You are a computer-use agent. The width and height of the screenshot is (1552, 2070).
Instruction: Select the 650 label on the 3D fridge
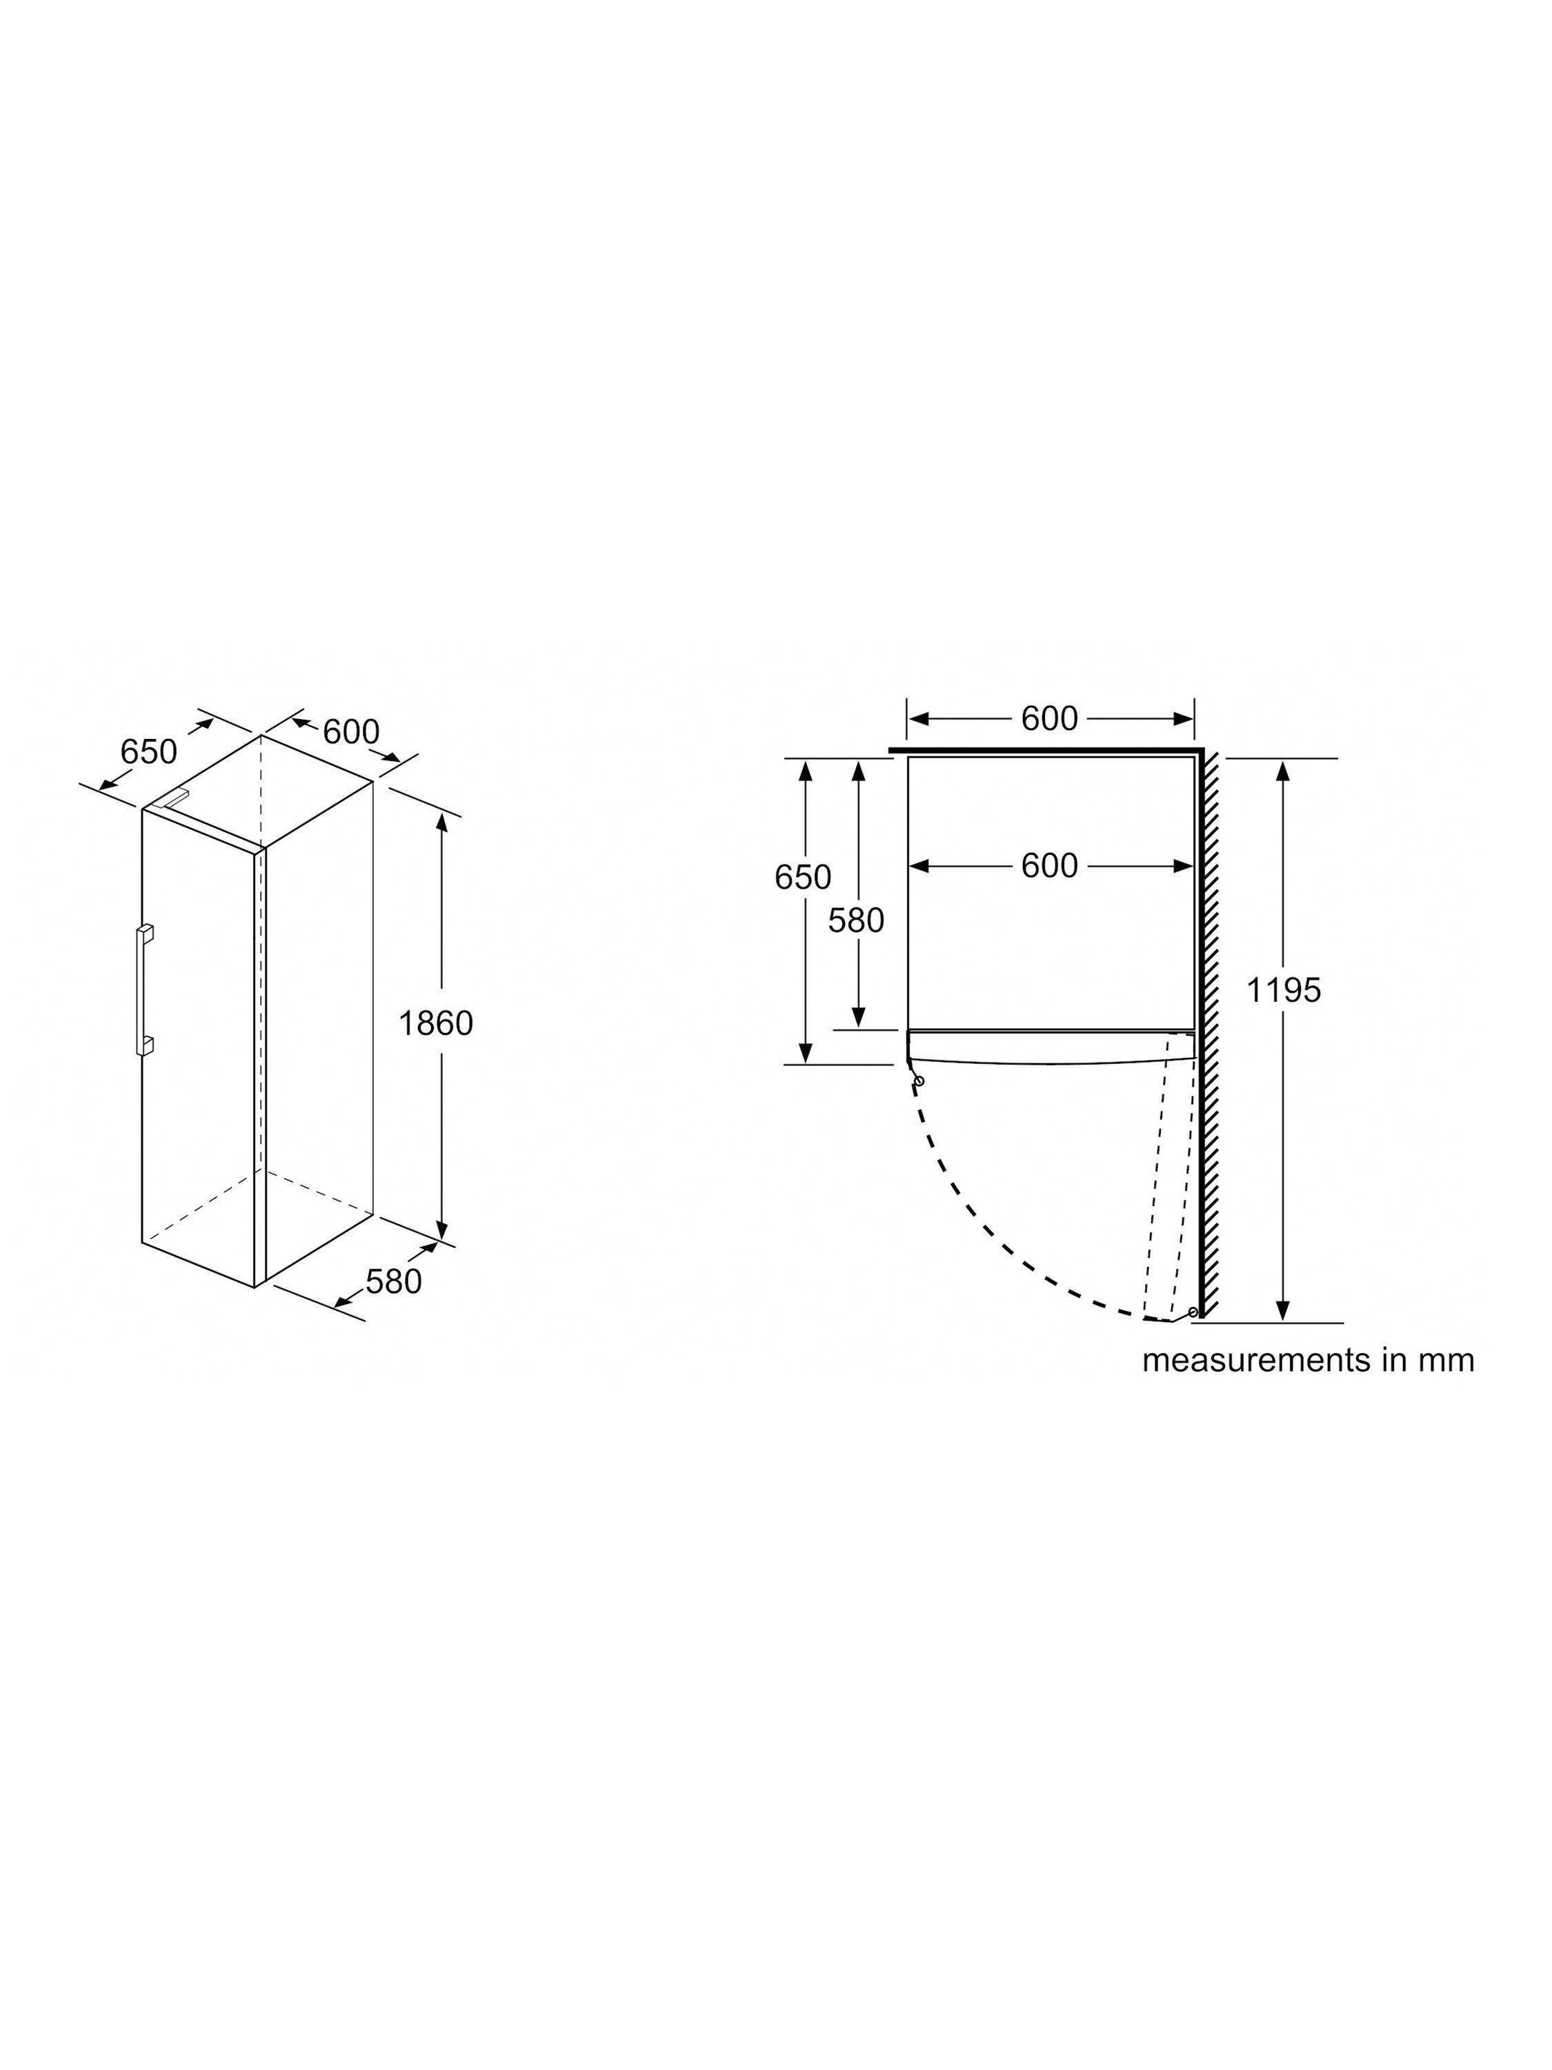coord(149,751)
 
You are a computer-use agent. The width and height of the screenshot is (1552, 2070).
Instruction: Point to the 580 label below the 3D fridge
coord(394,1281)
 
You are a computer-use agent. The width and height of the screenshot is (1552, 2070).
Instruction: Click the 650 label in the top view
coord(803,877)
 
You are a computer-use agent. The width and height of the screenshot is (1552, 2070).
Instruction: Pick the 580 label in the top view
coord(856,921)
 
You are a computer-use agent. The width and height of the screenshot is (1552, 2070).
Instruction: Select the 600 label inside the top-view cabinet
coord(1050,866)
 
